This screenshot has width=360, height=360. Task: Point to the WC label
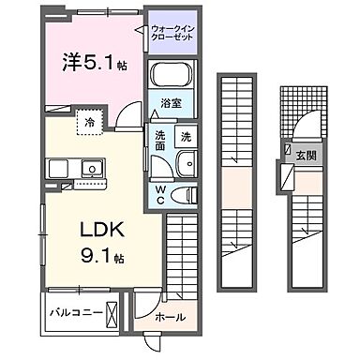(x=160, y=195)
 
